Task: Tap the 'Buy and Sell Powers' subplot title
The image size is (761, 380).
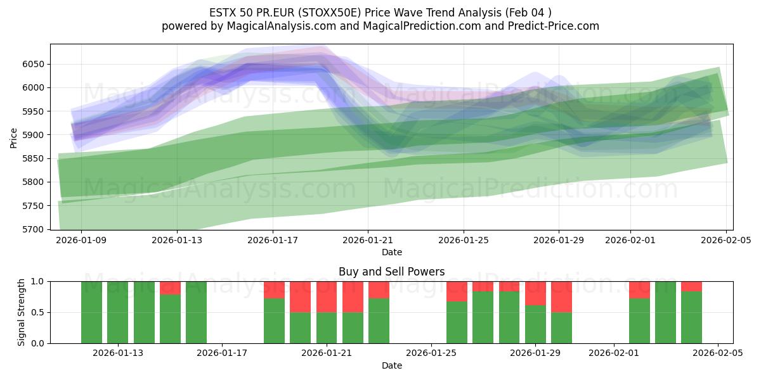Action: click(x=391, y=272)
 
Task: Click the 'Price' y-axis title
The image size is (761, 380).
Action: click(x=14, y=137)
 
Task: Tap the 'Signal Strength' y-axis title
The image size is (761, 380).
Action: click(x=22, y=312)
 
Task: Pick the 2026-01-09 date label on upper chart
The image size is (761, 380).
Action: click(x=81, y=241)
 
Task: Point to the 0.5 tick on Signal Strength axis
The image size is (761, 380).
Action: click(x=37, y=312)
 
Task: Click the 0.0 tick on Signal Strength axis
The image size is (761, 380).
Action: click(x=37, y=343)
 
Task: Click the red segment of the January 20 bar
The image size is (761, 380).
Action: click(x=301, y=296)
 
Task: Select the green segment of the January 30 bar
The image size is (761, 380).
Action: click(x=561, y=327)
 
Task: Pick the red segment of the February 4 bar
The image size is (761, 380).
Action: click(x=691, y=286)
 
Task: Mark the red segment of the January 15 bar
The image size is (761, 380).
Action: click(x=170, y=288)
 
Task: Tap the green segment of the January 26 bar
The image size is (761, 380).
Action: click(x=457, y=322)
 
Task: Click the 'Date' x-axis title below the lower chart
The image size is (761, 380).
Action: click(x=391, y=365)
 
